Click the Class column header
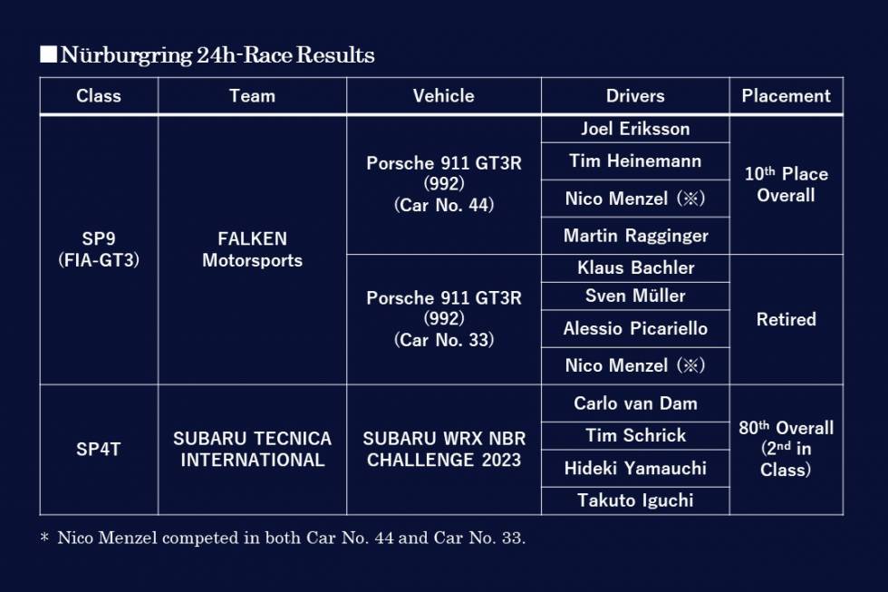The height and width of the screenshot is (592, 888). (99, 96)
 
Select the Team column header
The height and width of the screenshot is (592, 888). (252, 96)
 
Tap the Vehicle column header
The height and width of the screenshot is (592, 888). (443, 96)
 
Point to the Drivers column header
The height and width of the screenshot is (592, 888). (635, 96)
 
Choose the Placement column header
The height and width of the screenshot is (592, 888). (787, 96)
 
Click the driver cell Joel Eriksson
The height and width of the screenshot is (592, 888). (635, 129)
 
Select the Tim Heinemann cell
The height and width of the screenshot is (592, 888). (635, 160)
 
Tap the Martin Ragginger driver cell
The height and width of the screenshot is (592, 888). (635, 236)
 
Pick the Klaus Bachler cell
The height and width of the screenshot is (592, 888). (635, 267)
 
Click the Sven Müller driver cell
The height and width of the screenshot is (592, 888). (635, 296)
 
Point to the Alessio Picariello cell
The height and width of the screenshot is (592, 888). (635, 328)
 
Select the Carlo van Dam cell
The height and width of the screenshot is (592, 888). (635, 403)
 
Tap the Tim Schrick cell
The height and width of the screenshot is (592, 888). (635, 435)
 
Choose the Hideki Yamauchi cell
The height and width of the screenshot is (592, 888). (635, 468)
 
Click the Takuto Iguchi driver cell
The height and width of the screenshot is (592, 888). (635, 500)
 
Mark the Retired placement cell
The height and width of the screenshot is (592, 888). (787, 319)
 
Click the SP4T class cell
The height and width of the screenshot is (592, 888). (99, 450)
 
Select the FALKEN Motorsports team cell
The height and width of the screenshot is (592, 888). (252, 249)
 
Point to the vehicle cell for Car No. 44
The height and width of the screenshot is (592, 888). (443, 183)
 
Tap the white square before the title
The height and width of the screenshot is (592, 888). (49, 54)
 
